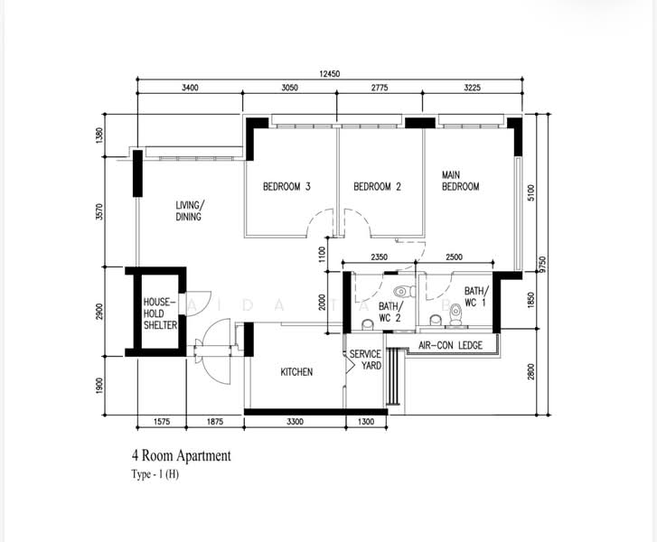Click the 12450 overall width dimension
pyautogui.click(x=330, y=74)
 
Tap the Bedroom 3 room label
pyautogui.click(x=286, y=186)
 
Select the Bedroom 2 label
pyautogui.click(x=377, y=186)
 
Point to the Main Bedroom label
pyautogui.click(x=461, y=181)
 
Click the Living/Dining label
pyautogui.click(x=190, y=210)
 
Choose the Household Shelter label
pyautogui.click(x=160, y=313)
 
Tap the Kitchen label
pyautogui.click(x=296, y=372)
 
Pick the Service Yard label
pyautogui.click(x=365, y=360)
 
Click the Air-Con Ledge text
pyautogui.click(x=450, y=345)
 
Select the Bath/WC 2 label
pyautogui.click(x=390, y=312)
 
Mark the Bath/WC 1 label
pyautogui.click(x=475, y=296)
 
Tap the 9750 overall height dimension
pyautogui.click(x=543, y=265)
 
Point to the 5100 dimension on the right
pyautogui.click(x=530, y=193)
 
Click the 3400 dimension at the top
pyautogui.click(x=190, y=88)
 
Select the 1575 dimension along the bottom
pyautogui.click(x=162, y=422)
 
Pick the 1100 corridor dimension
pyautogui.click(x=322, y=255)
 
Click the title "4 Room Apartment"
pyautogui.click(x=181, y=455)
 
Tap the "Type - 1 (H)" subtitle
pyautogui.click(x=155, y=474)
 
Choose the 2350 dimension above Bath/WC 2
pyautogui.click(x=380, y=257)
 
